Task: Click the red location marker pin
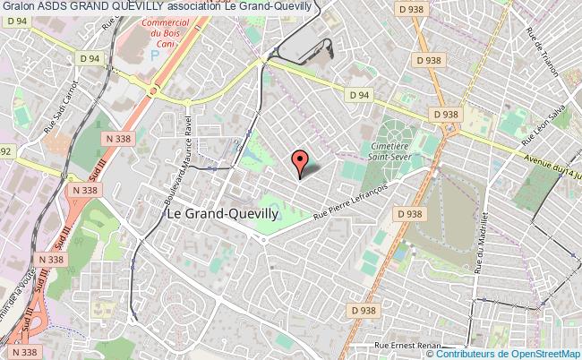(300, 161)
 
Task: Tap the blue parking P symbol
(155, 54)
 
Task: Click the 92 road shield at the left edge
(4, 152)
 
